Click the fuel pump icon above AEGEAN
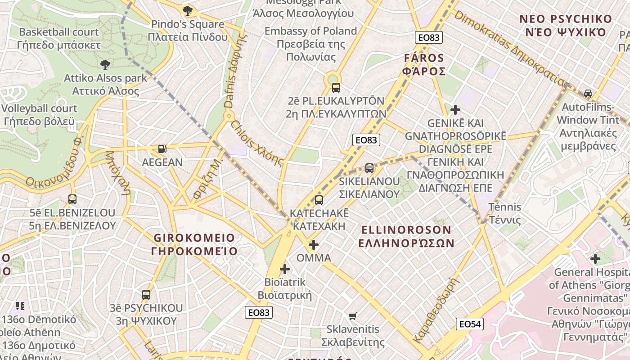click(162, 148)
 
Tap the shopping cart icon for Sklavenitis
click(353, 316)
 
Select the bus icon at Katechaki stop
click(319, 200)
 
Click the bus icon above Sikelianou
click(369, 168)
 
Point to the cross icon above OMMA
click(314, 245)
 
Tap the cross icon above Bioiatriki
click(285, 269)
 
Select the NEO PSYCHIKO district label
click(566, 26)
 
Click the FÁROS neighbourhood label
click(424, 65)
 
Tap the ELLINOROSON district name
click(406, 237)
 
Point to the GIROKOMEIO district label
click(194, 244)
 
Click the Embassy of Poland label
click(310, 44)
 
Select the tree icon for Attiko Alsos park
click(105, 65)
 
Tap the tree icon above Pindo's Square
click(188, 10)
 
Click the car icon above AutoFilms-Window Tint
click(588, 94)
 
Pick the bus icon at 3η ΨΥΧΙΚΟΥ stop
click(146, 295)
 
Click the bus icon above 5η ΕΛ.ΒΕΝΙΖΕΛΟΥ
click(72, 199)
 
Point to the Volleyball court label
click(39, 115)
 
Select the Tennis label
click(505, 214)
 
